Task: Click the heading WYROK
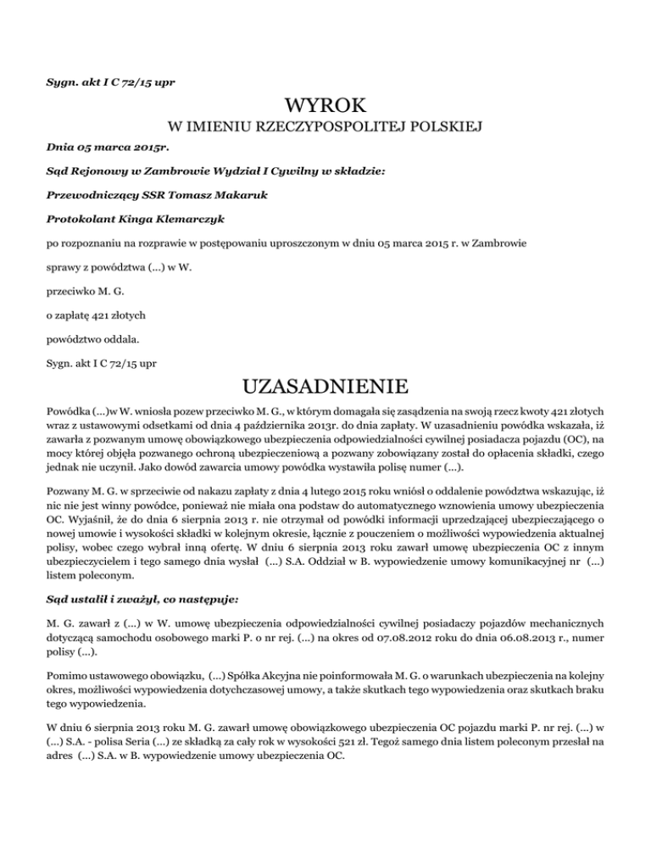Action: pos(326,107)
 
